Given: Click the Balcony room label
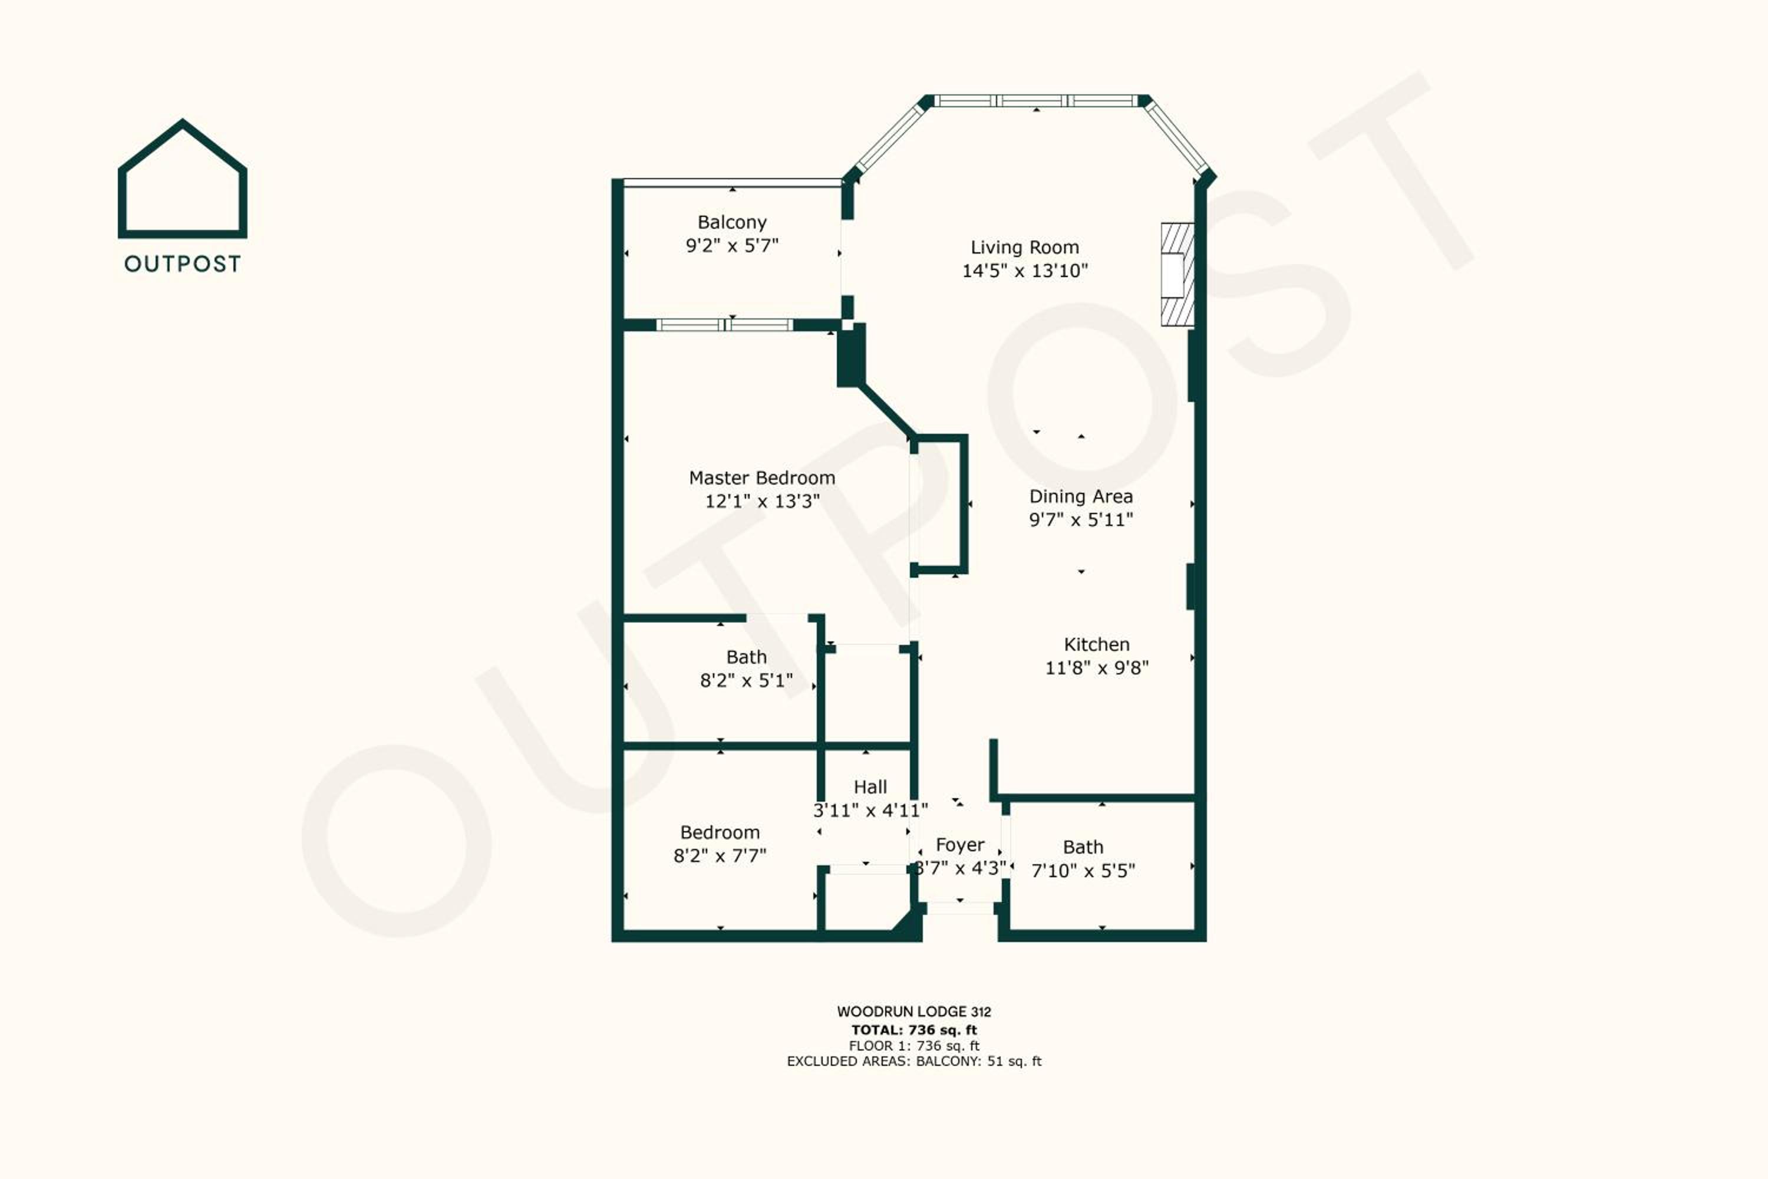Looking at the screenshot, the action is [x=732, y=223].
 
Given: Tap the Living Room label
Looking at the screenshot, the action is [x=1025, y=248].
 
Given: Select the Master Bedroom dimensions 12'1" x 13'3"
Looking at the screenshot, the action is [x=762, y=500].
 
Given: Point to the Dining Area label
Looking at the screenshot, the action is [x=1081, y=496].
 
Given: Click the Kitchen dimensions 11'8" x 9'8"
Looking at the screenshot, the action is [x=1097, y=668].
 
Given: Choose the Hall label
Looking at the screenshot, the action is [x=870, y=786].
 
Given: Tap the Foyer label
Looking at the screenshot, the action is [x=960, y=845].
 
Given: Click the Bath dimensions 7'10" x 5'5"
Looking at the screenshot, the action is [x=1083, y=871].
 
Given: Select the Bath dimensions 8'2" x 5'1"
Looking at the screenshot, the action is [x=747, y=680].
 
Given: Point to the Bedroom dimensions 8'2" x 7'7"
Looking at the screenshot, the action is [x=720, y=856].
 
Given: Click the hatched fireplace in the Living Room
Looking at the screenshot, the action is [x=1177, y=275].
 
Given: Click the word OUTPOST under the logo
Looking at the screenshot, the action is [x=183, y=264].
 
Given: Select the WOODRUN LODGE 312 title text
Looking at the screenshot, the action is [x=914, y=1012].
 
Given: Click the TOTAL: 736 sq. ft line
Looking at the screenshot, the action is [x=914, y=1030].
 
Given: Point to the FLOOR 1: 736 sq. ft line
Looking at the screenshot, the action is [x=914, y=1046].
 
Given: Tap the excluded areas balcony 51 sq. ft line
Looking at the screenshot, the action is [x=914, y=1062].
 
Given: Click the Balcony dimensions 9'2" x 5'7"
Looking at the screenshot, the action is [x=732, y=246].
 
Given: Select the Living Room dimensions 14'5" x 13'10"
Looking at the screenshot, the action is [x=1025, y=271].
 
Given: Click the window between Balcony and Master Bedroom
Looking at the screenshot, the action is [x=725, y=325].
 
